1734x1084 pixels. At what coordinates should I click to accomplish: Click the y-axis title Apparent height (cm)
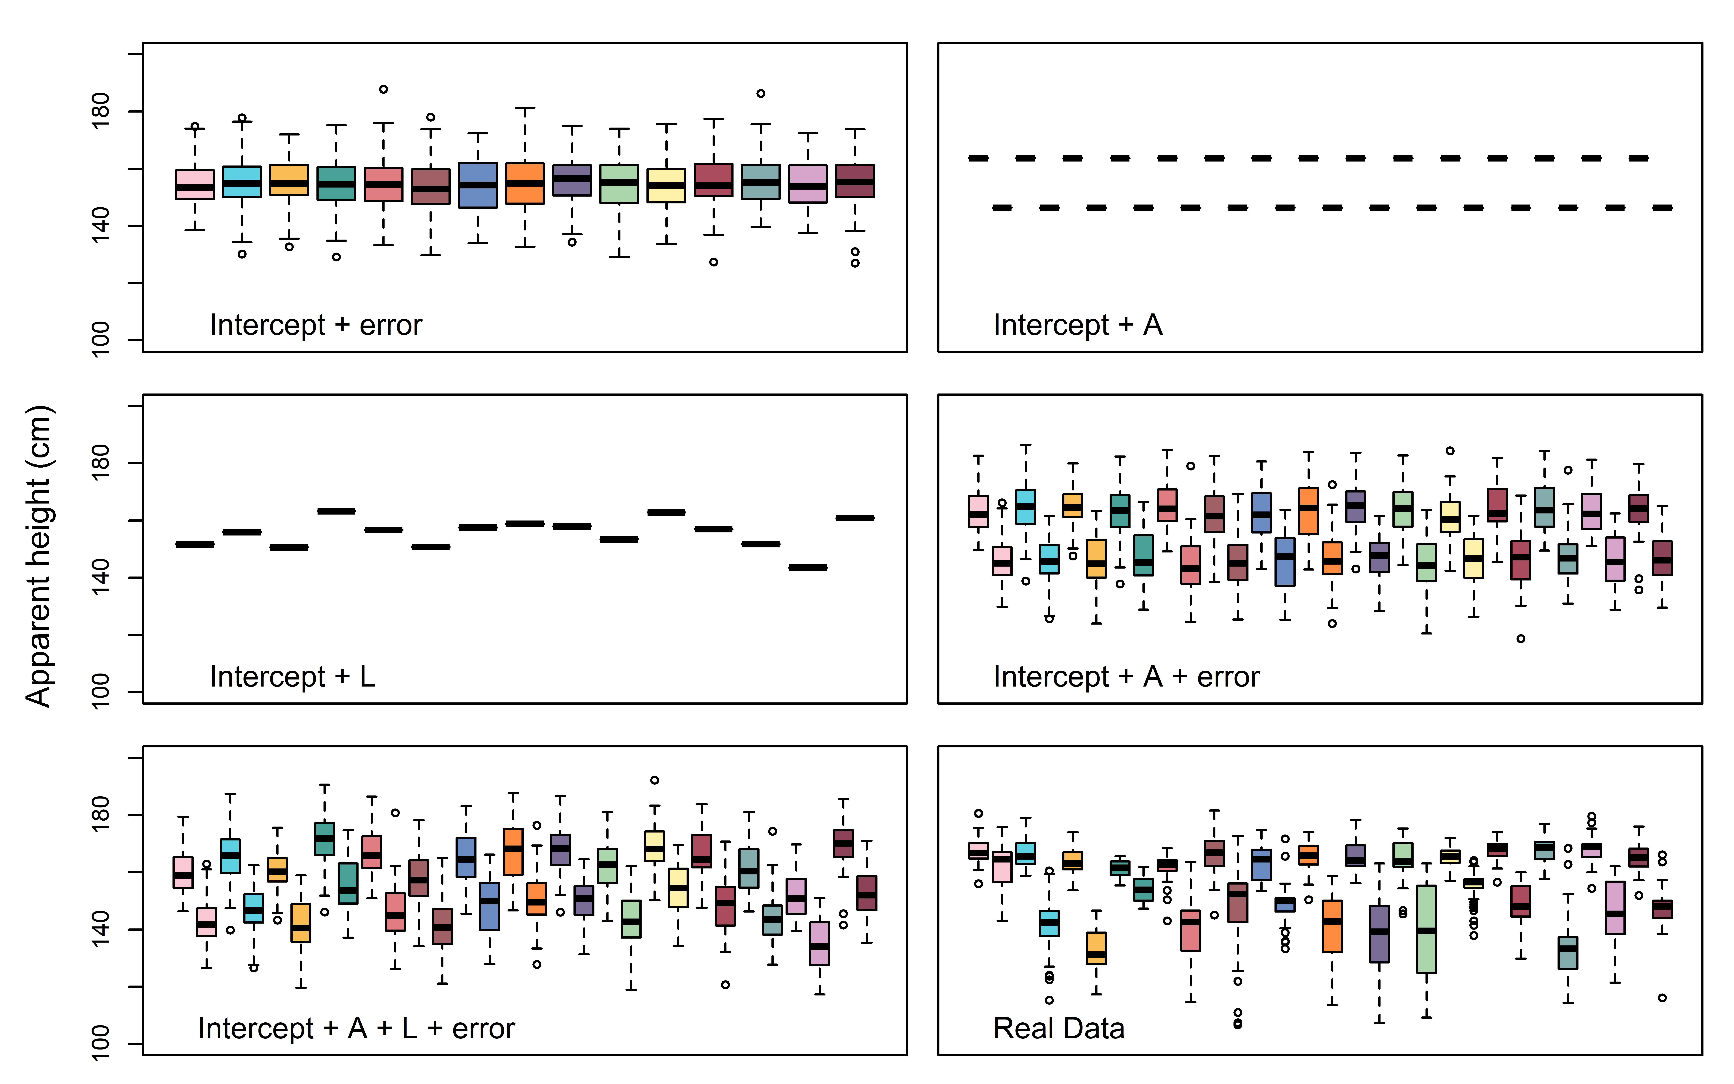tap(39, 556)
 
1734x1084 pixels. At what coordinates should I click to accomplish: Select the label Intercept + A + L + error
tap(356, 1029)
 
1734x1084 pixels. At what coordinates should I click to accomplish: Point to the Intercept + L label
tap(292, 677)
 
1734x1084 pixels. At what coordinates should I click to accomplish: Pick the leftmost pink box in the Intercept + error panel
tap(195, 184)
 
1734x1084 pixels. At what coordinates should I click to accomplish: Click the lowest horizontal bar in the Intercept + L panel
tap(808, 568)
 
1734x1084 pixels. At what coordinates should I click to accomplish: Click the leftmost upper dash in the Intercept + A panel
tap(978, 158)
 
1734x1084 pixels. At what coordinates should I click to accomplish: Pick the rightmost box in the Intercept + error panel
tap(855, 181)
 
